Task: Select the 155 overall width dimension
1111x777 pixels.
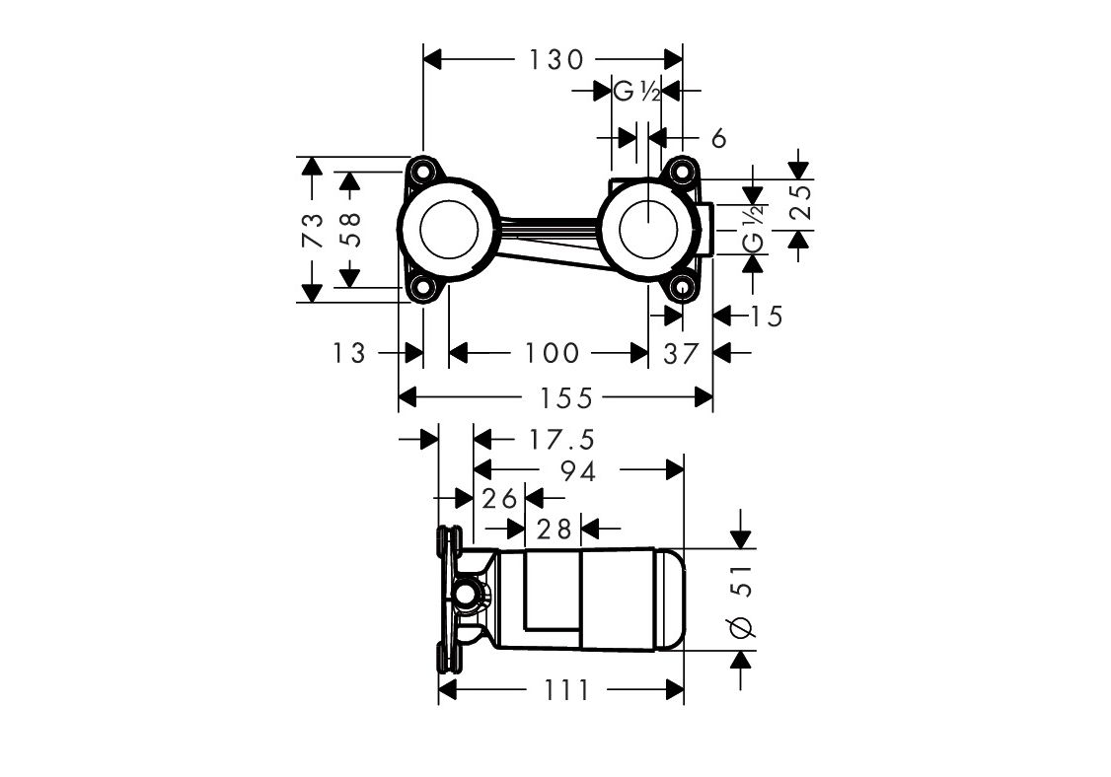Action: [570, 397]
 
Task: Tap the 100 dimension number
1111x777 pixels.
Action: [552, 352]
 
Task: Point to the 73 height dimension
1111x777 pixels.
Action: [313, 231]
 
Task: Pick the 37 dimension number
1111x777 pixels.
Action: [680, 352]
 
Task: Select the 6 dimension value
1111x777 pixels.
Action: [718, 139]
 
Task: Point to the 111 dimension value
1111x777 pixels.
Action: [564, 690]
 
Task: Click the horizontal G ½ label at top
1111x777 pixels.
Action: [636, 92]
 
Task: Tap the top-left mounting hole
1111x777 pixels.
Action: [424, 172]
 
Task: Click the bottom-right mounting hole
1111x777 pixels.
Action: [682, 288]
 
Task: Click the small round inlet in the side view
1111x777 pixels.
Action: [466, 596]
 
